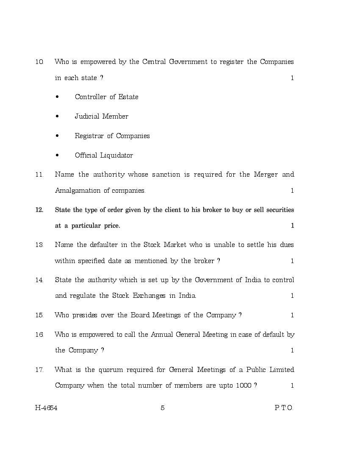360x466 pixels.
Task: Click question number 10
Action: point(39,62)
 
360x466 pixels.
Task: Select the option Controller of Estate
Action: point(106,97)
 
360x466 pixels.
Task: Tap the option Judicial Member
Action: point(101,116)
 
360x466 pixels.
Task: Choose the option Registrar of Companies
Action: point(112,136)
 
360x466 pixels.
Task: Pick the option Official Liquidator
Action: point(104,155)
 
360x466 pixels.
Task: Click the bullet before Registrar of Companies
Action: point(57,136)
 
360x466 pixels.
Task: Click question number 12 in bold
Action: point(39,210)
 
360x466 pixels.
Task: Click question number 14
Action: point(39,280)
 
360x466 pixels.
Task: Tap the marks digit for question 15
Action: point(292,315)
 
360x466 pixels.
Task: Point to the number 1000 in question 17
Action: point(243,386)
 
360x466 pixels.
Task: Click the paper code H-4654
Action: point(46,408)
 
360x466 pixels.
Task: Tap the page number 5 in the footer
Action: point(163,408)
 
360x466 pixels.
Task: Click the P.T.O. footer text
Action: point(284,408)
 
